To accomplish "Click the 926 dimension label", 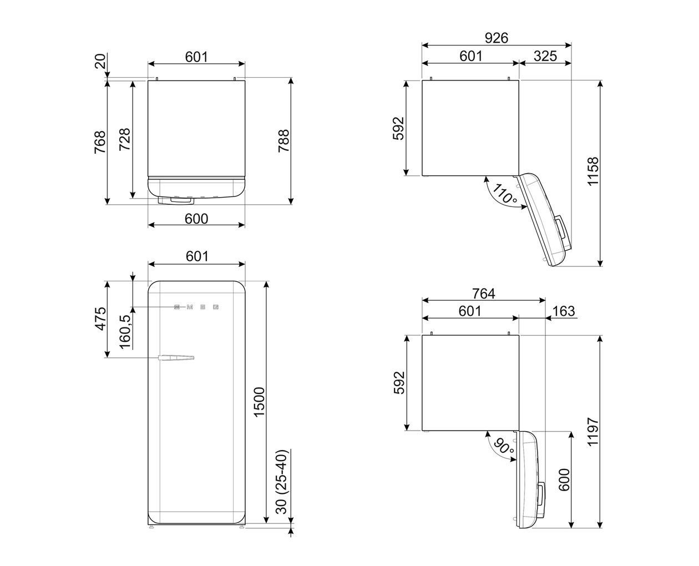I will [496, 38].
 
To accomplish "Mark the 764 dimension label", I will [483, 293].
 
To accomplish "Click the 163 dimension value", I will [564, 311].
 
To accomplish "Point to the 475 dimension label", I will [100, 319].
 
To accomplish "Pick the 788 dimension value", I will [283, 141].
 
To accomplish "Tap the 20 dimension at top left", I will [100, 62].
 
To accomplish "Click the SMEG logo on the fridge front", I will [196, 306].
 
